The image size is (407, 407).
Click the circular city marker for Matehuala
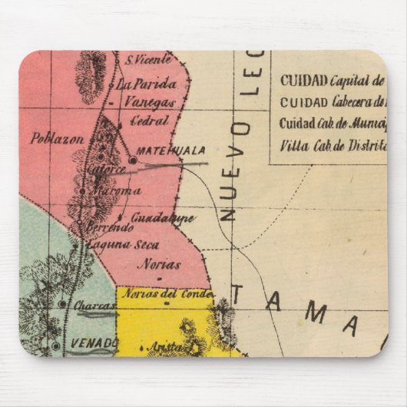click(131, 160)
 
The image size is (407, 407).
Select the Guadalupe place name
click(162, 218)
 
